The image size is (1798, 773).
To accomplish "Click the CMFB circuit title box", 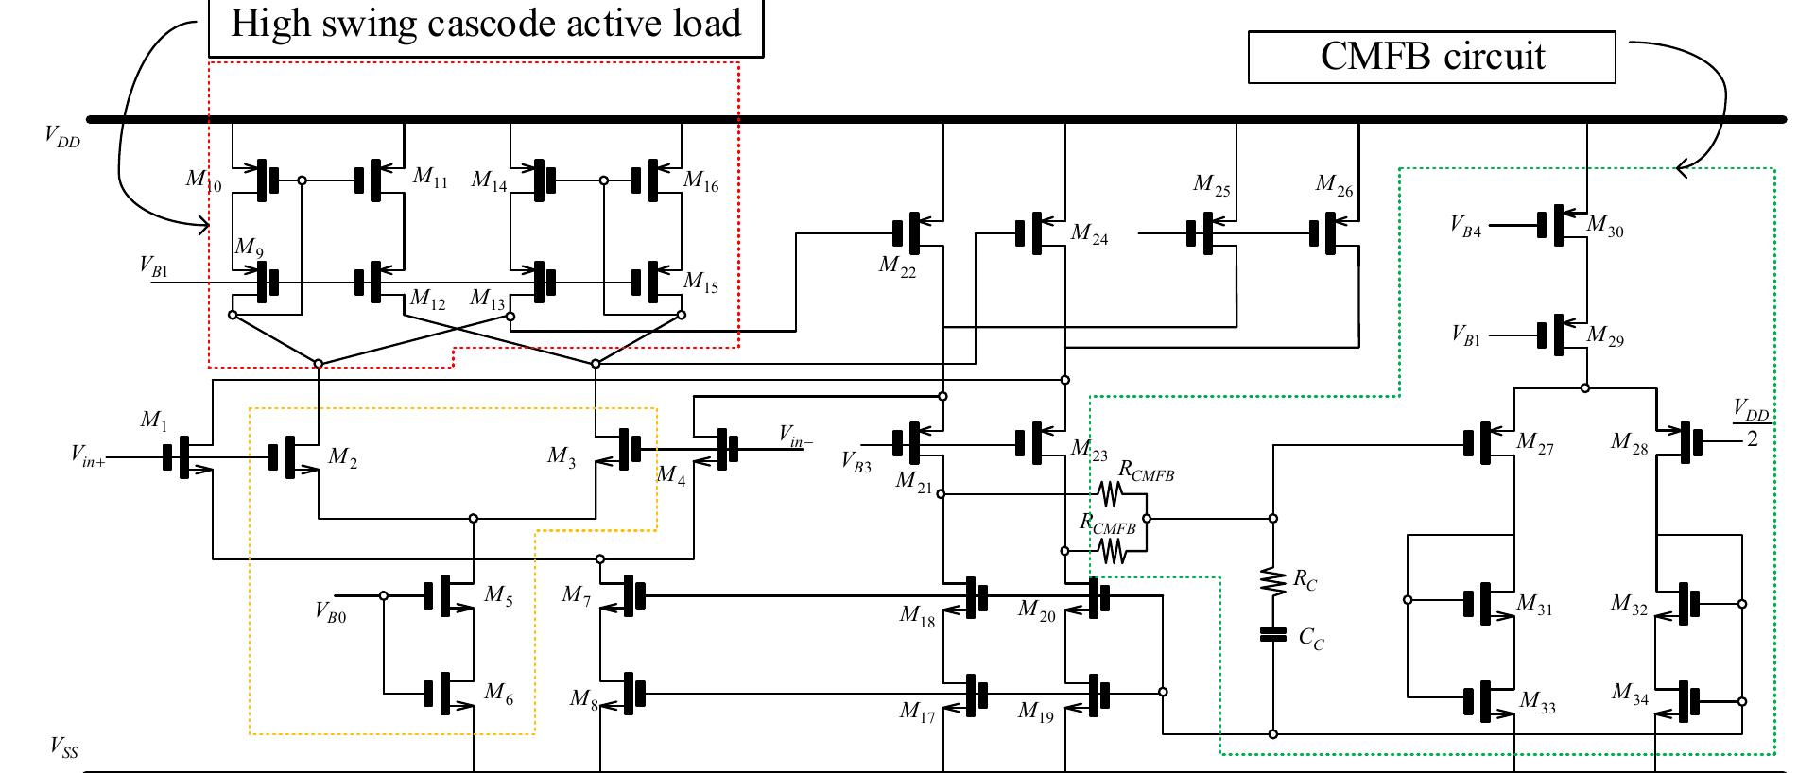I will (1431, 57).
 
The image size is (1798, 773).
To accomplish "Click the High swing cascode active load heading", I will (485, 24).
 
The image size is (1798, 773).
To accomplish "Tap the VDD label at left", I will (62, 136).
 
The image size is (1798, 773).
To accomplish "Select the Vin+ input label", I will (88, 455).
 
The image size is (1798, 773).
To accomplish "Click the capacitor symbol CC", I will (1273, 634).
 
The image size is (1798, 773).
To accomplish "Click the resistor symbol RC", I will (1273, 580).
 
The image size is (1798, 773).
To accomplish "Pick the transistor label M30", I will (1604, 225).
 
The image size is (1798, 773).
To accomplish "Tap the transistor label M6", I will (498, 694).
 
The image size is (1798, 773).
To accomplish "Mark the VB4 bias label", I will (1465, 226).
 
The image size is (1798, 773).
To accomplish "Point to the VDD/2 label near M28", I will (1752, 423).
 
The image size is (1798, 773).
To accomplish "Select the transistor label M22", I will (896, 266).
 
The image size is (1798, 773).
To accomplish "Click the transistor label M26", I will (1334, 185).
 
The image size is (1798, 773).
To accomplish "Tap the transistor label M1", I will (153, 420).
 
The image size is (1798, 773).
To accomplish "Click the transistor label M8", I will (583, 699).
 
